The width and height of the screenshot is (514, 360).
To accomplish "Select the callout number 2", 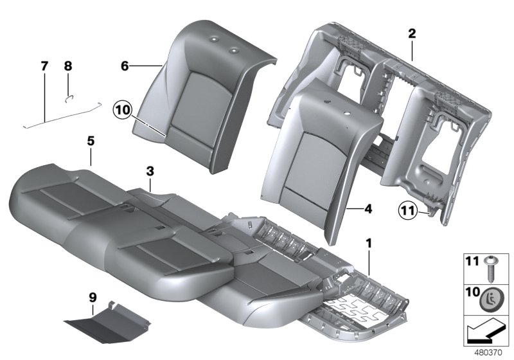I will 412,33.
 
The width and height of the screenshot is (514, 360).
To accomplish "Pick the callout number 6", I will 125,65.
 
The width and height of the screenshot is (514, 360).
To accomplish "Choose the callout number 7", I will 44,66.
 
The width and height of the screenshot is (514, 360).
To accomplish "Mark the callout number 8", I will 68,66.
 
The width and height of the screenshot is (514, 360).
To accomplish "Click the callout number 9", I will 93,296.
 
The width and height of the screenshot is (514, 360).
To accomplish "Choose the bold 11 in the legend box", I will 472,262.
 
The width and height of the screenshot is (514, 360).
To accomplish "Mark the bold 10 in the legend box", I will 472,294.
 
